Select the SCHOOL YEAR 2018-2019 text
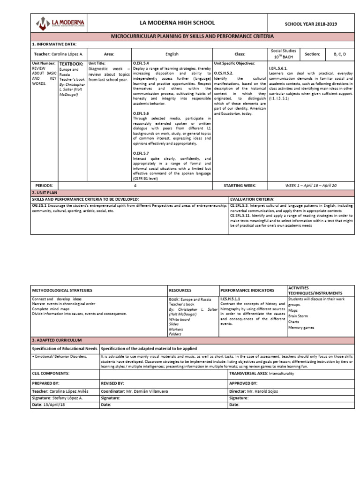(311, 24)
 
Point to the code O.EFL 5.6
(141, 113)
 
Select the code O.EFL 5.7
(141, 153)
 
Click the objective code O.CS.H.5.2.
(224, 73)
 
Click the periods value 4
(135, 186)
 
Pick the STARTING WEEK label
(240, 186)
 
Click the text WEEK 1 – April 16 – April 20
(311, 186)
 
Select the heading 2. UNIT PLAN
(45, 193)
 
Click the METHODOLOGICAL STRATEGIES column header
(62, 290)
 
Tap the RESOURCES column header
(180, 290)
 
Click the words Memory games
(301, 328)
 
